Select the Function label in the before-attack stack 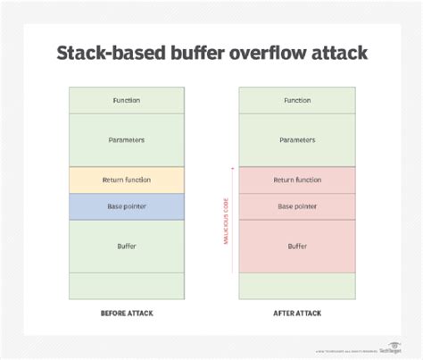tap(126, 100)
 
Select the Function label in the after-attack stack tap(297, 100)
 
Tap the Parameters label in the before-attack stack tap(126, 139)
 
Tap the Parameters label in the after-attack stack tap(297, 139)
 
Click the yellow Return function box tap(126, 180)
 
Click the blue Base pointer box tap(126, 206)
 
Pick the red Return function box tap(297, 180)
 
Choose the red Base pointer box tap(297, 206)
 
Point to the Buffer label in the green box tap(126, 246)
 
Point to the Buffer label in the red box tap(297, 246)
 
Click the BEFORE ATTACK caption tap(126, 314)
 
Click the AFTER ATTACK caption tap(297, 314)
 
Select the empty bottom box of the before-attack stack tap(126, 285)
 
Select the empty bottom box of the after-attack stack tap(297, 285)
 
